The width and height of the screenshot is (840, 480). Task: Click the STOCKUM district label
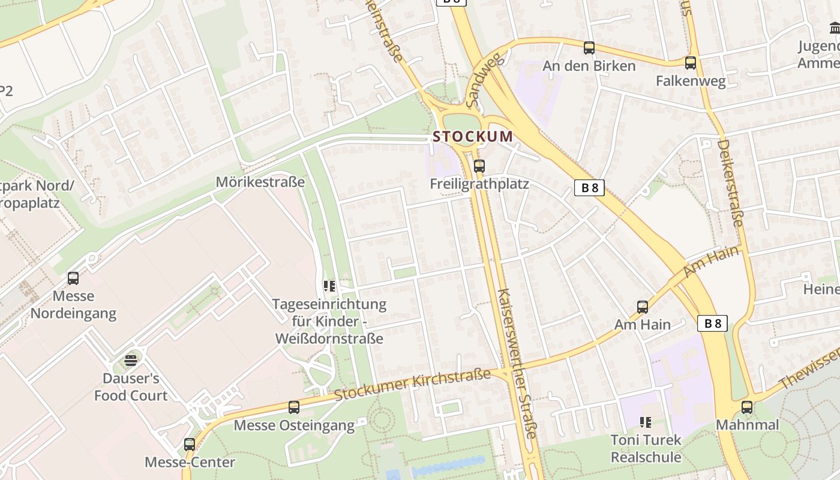click(x=473, y=136)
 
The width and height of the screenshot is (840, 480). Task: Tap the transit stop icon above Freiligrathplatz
click(x=479, y=166)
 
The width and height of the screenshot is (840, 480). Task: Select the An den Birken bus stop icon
click(x=589, y=48)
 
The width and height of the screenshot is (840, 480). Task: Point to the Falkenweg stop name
click(x=691, y=81)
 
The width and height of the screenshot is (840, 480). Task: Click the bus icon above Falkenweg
click(x=691, y=62)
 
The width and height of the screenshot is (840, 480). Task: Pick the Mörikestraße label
click(x=260, y=182)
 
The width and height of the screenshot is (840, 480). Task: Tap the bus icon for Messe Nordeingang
click(x=73, y=278)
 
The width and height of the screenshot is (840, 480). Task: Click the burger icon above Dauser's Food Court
click(x=130, y=361)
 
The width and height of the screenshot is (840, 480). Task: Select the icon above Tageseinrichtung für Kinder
click(x=329, y=286)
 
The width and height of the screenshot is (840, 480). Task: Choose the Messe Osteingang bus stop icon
click(x=294, y=407)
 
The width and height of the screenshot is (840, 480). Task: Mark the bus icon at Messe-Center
click(x=190, y=445)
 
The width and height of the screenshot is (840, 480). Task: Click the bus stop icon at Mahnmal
click(x=747, y=407)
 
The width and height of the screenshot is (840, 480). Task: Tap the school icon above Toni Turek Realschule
click(x=646, y=422)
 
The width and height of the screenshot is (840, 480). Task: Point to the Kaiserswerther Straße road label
click(x=517, y=364)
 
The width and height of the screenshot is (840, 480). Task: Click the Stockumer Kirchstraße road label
click(x=413, y=385)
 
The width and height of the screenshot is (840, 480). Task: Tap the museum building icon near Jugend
click(x=835, y=28)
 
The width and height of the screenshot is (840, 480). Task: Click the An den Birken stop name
click(x=589, y=66)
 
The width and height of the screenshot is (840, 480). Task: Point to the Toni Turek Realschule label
click(x=646, y=448)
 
